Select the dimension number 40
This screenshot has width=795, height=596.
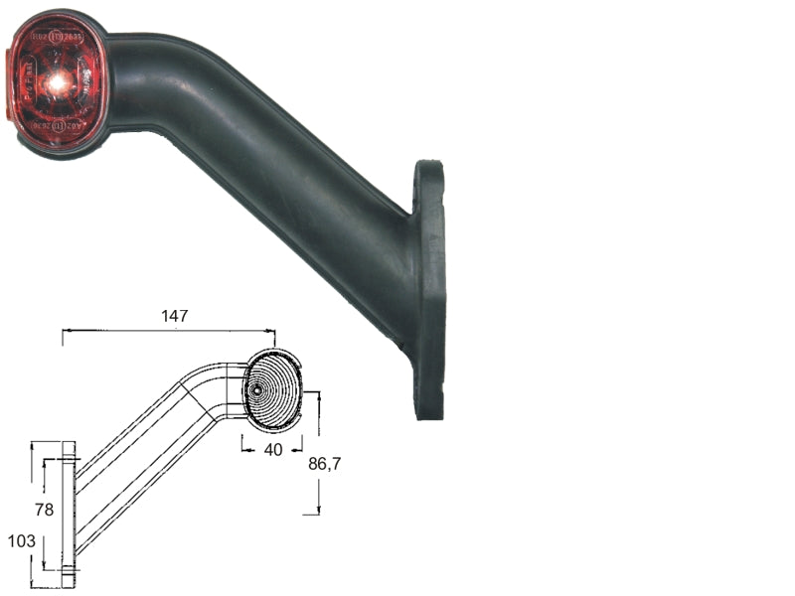point(273,449)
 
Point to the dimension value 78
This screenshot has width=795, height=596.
point(44,510)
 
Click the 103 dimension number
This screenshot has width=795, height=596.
point(22,541)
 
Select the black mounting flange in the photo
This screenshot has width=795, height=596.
point(429,288)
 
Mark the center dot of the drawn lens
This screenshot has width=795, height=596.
point(257,390)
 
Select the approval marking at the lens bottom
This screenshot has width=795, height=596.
point(58,126)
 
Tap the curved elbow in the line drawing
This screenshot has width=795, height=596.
point(214,382)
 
